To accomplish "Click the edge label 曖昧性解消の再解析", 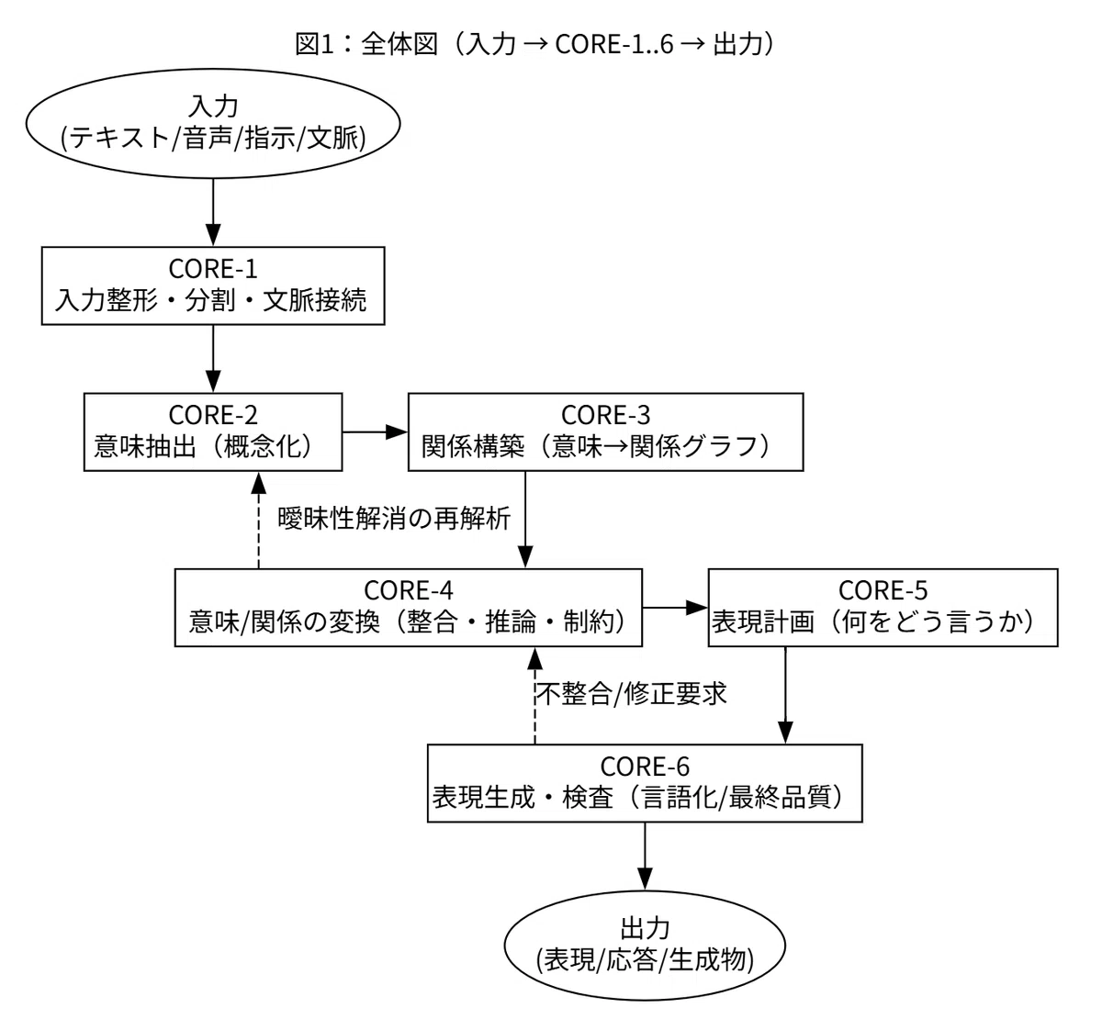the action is pos(394,519).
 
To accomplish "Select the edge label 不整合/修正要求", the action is pos(632,694).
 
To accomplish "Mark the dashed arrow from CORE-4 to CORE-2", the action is pos(259,521).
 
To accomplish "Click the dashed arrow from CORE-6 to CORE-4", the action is pos(534,696).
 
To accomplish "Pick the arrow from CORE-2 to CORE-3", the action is pos(375,431).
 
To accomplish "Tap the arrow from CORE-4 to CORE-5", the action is pos(675,608).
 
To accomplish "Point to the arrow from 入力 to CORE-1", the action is pos(213,212).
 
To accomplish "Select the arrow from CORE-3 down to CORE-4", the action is pos(525,520).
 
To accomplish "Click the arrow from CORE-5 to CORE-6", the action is pos(785,695).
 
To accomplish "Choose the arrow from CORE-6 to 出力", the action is pos(645,857).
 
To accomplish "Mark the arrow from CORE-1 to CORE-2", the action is pos(213,359).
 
